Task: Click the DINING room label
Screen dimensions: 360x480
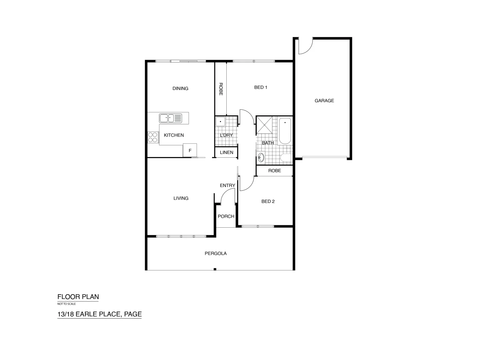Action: [x=180, y=88]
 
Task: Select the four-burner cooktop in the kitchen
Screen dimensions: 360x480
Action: [x=153, y=137]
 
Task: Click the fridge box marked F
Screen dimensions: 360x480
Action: [x=190, y=150]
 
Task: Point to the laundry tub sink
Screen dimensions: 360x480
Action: [x=220, y=122]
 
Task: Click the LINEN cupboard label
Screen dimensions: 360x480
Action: [x=227, y=152]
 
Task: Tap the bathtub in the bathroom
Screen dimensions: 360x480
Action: [x=285, y=131]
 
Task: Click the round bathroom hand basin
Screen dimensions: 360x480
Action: [x=261, y=157]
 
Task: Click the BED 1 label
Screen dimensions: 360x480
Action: [x=261, y=87]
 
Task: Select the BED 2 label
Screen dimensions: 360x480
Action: [x=268, y=201]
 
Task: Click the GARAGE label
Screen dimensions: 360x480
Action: [x=324, y=101]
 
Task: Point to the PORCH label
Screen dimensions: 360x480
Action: [x=226, y=216]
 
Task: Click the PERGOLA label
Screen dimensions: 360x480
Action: [x=215, y=253]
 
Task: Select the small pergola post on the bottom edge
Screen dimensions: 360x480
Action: [x=215, y=269]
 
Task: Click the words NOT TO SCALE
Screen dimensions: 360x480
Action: [x=67, y=304]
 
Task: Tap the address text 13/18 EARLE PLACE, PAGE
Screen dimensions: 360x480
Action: [x=99, y=314]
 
